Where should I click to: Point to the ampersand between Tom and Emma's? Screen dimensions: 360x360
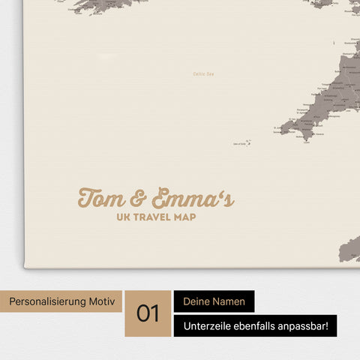(x=138, y=199)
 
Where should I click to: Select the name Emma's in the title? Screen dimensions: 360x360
(x=192, y=198)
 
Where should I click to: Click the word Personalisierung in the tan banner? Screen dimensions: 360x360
(x=46, y=301)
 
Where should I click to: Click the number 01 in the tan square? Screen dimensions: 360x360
(x=148, y=313)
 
